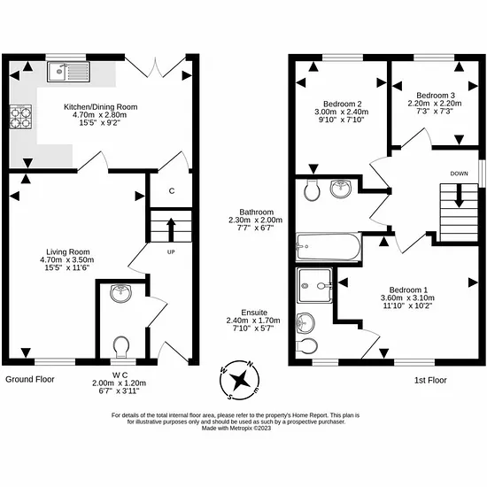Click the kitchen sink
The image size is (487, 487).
coord(69,72)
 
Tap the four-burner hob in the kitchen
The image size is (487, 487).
coord(21,117)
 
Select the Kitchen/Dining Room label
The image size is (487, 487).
coord(101,107)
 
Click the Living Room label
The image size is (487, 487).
coord(68,251)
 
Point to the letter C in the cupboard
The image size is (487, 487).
coord(172,190)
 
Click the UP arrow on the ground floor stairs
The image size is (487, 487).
coord(171,230)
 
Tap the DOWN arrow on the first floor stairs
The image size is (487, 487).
coord(459,196)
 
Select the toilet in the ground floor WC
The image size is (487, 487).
coord(121,346)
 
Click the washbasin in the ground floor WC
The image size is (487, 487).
coord(121,293)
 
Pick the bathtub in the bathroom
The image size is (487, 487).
coord(329,247)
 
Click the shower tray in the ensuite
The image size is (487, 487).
coord(314,285)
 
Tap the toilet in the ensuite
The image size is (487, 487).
coord(307,345)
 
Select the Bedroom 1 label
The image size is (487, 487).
coord(408,290)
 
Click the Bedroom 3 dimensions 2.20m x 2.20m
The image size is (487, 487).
coord(435,103)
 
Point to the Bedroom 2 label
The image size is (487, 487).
coord(343,104)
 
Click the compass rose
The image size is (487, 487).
coord(239,380)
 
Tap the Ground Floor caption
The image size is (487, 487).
coord(30,379)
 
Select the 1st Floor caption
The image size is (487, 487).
coord(430,380)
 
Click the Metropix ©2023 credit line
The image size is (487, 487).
coord(236,429)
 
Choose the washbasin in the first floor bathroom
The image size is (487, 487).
coord(340,189)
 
